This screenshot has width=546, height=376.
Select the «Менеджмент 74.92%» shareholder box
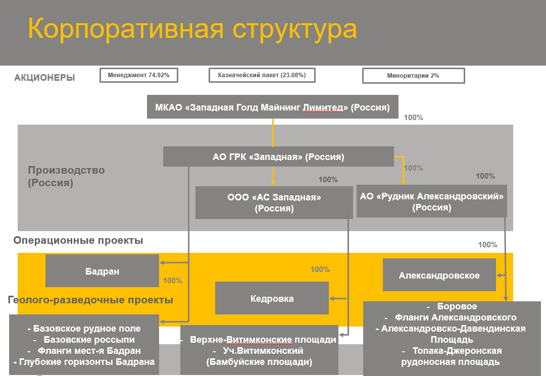pos(139,75)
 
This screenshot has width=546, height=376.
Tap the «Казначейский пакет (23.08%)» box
pos(262,75)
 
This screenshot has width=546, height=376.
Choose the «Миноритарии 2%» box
pos(413,76)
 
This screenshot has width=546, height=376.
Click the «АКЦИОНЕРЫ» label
pos(44,78)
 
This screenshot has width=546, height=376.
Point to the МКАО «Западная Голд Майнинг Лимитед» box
pos(273,107)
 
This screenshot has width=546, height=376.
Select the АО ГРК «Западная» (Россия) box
pos(279,156)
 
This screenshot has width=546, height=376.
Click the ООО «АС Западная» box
pos(274,202)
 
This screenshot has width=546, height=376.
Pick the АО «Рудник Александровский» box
pos(432,201)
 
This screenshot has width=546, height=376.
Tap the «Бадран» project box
pos(102,271)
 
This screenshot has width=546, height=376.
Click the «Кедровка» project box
pos(272,298)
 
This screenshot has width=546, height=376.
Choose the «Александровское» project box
pos(439,275)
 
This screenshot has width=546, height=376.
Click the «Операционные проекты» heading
pos(78,240)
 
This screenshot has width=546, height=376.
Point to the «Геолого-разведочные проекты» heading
pos(90,300)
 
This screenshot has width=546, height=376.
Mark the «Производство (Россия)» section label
pos(66,176)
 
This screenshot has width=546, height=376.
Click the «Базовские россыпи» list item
pos(89,340)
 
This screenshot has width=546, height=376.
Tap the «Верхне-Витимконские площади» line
pos(263,340)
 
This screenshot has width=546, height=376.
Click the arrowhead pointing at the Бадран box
pos(162,262)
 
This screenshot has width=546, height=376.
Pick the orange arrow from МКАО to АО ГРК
pos(273,133)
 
